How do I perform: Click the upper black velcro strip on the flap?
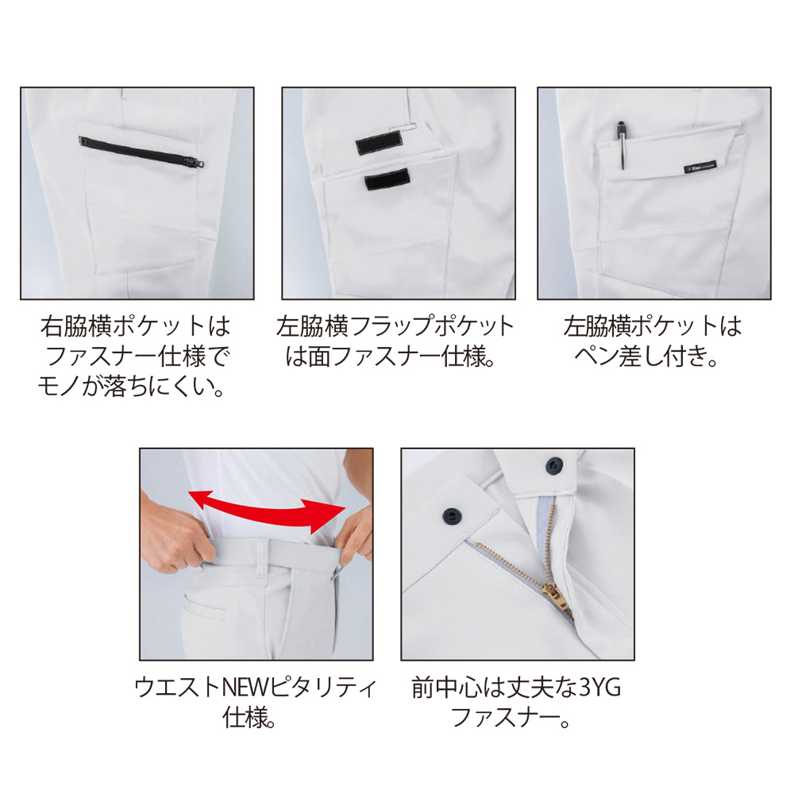[x=378, y=145]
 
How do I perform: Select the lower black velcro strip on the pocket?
[x=387, y=179]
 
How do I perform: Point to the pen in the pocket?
[x=622, y=145]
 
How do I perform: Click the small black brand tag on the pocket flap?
[x=700, y=168]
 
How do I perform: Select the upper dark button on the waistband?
[x=555, y=465]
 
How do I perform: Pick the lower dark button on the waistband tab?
[x=452, y=516]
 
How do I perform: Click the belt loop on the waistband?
[x=263, y=557]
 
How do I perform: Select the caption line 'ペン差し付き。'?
[x=646, y=357]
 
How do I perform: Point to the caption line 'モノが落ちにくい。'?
[x=131, y=387]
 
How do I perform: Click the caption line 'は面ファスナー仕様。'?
[x=390, y=357]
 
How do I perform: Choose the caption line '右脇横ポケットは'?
[x=136, y=326]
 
